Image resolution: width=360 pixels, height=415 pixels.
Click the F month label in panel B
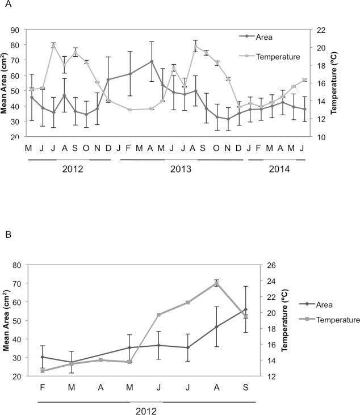pyautogui.click(x=43, y=387)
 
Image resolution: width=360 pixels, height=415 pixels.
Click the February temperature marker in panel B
pyautogui.click(x=43, y=371)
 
